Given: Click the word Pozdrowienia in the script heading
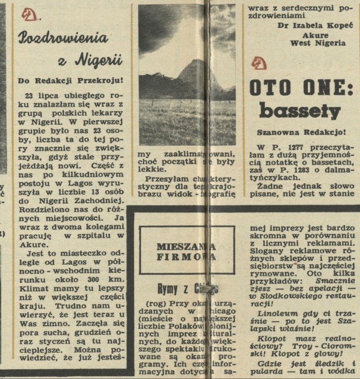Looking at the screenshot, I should pos(63,36).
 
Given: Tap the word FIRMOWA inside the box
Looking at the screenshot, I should pos(187,256).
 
